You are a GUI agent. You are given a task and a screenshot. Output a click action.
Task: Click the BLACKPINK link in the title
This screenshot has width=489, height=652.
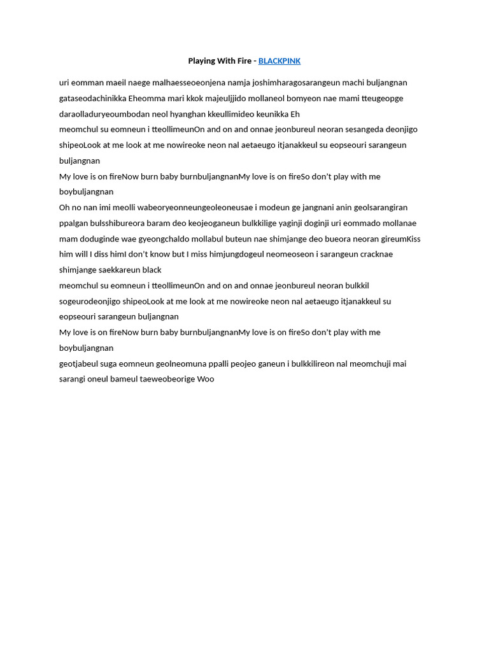(x=279, y=61)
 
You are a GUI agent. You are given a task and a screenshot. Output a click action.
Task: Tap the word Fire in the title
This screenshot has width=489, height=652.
(x=244, y=61)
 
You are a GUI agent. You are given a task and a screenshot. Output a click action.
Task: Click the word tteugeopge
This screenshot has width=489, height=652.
(x=382, y=99)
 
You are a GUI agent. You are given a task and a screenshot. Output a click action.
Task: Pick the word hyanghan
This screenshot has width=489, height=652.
(x=188, y=115)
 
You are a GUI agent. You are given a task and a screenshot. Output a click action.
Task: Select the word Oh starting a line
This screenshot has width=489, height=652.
(x=64, y=208)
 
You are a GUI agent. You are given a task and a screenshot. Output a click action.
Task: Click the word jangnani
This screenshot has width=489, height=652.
(x=318, y=208)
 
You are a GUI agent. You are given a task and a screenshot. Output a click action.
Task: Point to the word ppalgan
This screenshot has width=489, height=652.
(x=74, y=223)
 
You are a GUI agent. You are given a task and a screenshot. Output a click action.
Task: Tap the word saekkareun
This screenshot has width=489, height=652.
(x=119, y=270)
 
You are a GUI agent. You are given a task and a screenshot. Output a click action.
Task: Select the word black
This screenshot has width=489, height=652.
(x=152, y=270)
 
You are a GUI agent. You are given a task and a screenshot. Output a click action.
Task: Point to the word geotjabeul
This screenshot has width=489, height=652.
(x=80, y=364)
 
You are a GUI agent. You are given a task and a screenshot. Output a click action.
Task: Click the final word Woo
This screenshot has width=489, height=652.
(x=206, y=379)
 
